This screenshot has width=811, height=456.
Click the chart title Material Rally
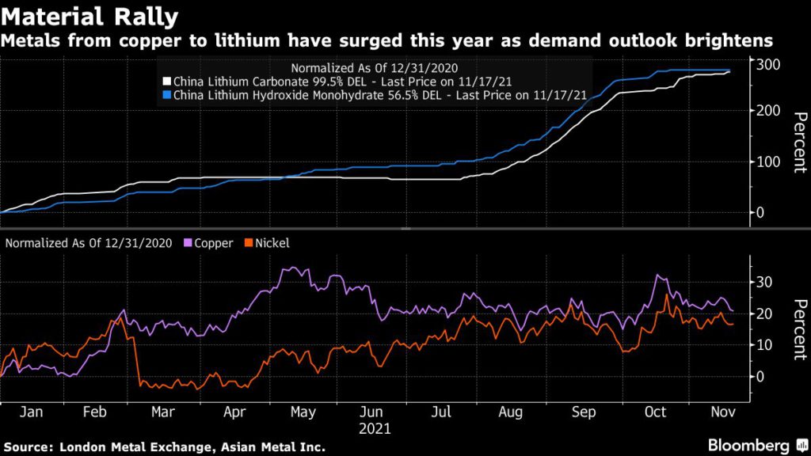coord(89,16)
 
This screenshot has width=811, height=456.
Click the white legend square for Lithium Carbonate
coord(166,82)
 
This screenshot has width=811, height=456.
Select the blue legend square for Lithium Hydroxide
coord(166,95)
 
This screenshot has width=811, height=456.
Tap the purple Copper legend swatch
coord(188,243)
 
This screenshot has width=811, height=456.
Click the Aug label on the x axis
coord(511,412)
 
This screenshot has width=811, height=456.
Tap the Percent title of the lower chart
coord(800,329)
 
